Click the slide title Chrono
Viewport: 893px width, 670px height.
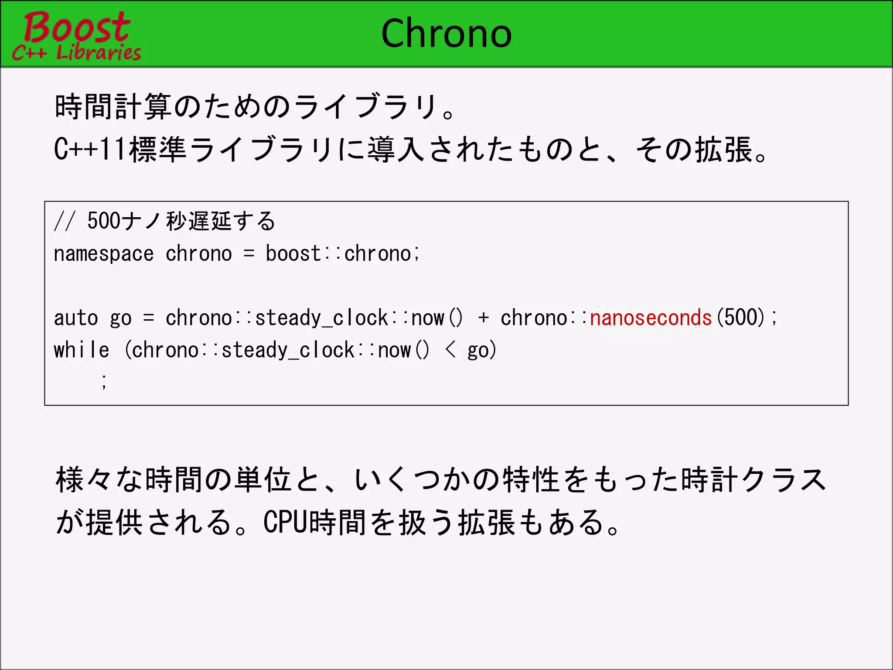point(446,34)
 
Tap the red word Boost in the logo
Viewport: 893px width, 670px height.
point(77,27)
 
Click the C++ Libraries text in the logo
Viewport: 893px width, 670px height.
point(77,53)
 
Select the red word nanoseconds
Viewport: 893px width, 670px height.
point(651,318)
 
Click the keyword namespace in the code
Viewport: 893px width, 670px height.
point(104,254)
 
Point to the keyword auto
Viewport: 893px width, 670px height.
point(76,318)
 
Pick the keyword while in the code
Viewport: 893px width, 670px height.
point(82,350)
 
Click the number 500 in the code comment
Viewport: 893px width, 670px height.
point(104,221)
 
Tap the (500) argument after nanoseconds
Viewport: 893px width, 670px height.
point(741,318)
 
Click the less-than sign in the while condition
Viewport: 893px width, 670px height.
point(451,350)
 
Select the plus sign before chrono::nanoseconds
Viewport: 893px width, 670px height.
point(483,318)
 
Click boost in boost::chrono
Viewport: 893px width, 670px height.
point(293,254)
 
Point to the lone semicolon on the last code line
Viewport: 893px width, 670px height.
point(104,381)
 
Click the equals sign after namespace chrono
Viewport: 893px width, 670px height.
point(249,254)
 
